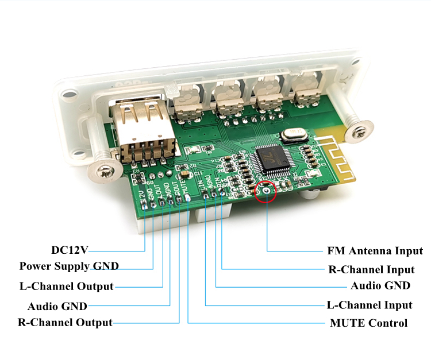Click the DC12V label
point(70,250)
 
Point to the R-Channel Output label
point(64,322)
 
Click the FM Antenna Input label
point(375,251)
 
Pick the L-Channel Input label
point(370,305)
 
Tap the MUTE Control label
point(368,323)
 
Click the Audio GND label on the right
point(380,285)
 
